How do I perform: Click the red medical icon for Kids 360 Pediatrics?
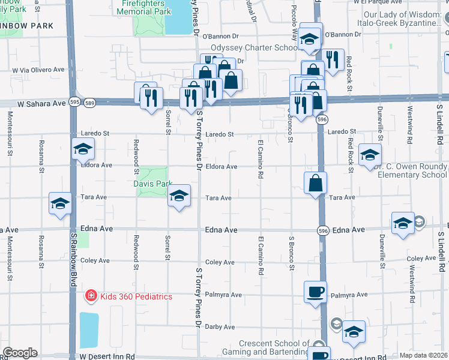tap(90, 296)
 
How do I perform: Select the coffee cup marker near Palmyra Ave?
tap(315, 293)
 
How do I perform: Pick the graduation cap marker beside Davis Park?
tap(178, 196)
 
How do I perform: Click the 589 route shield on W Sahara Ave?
tap(89, 103)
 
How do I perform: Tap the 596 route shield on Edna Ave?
tap(323, 230)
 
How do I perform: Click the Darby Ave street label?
tap(220, 327)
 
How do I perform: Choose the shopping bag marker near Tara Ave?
tap(315, 182)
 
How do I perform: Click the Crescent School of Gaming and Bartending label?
tap(274, 347)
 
